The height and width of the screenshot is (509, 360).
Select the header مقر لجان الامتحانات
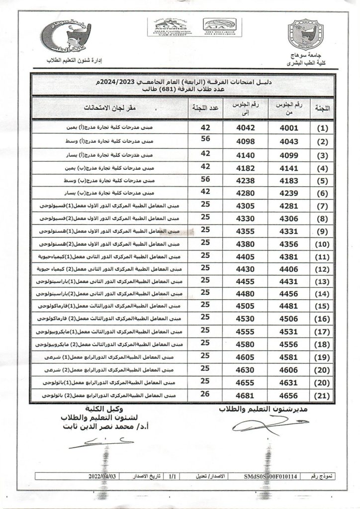pyautogui.click(x=111, y=107)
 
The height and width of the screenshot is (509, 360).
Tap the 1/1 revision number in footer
pyautogui.click(x=172, y=475)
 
